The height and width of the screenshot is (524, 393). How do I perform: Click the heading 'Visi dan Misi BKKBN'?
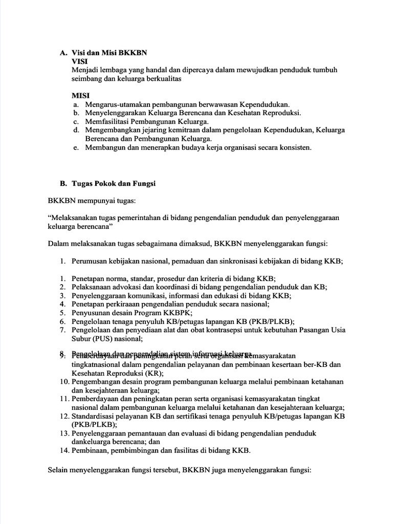[110, 52]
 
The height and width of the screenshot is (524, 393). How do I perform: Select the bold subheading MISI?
[80, 95]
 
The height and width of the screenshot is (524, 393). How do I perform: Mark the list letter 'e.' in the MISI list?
[76, 147]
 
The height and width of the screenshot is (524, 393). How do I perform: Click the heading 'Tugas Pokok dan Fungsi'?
[113, 183]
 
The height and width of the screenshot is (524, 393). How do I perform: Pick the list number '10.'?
[64, 382]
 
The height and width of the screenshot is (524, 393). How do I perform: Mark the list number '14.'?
[64, 450]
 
